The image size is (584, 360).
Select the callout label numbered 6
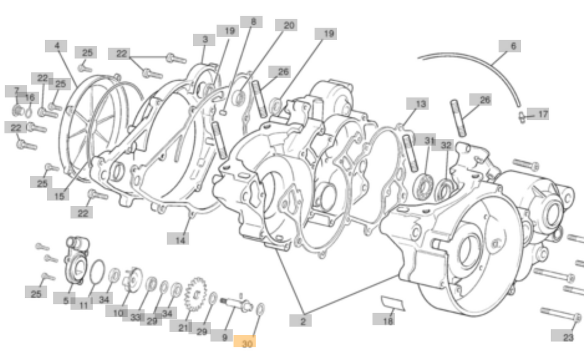click(513, 46)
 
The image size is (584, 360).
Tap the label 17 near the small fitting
click(543, 114)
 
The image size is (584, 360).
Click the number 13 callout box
click(421, 104)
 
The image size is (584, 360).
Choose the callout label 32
click(446, 146)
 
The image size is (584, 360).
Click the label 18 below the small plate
click(388, 320)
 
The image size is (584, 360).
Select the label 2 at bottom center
click(303, 321)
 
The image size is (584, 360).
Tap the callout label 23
click(568, 337)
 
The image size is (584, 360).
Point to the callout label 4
click(57, 46)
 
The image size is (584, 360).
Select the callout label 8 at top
click(253, 22)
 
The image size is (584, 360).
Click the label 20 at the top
click(289, 25)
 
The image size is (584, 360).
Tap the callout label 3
click(205, 40)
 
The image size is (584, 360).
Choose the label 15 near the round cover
click(58, 195)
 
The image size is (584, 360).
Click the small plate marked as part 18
click(393, 303)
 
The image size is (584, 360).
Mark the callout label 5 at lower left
click(65, 300)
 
